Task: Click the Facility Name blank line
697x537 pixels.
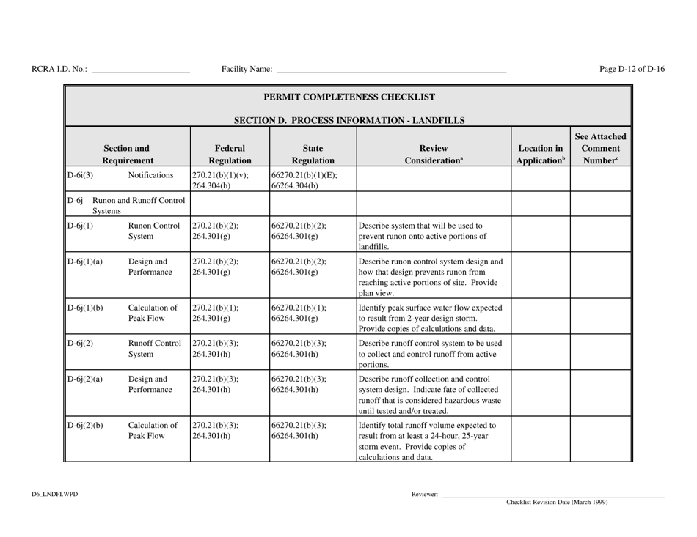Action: (x=390, y=72)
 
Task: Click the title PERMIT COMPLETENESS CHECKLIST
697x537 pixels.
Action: (x=348, y=97)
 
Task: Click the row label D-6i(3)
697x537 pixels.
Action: (x=81, y=176)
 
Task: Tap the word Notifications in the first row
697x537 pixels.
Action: (x=152, y=176)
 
